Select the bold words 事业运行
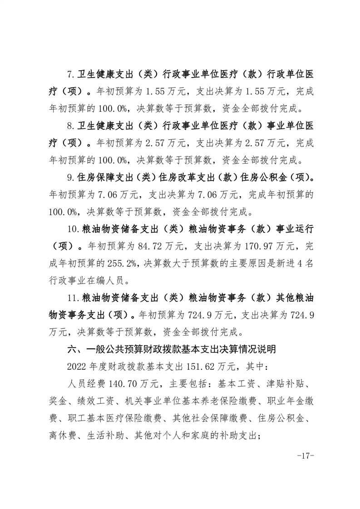click(x=293, y=229)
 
